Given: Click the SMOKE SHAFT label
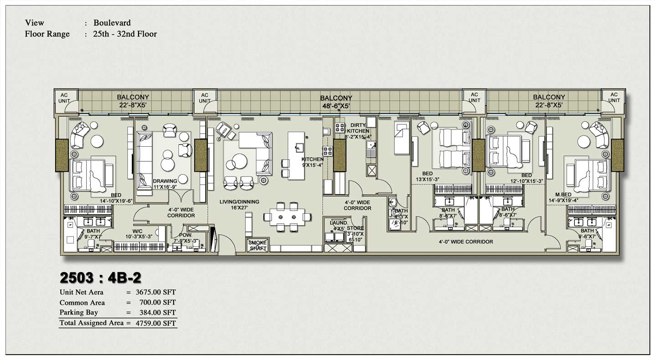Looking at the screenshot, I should click(258, 246).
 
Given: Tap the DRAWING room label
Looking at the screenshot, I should click(165, 181).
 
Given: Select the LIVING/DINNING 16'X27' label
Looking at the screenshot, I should click(239, 205).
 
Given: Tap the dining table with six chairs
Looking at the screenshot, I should click(287, 216).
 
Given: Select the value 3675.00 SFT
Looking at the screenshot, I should click(155, 293).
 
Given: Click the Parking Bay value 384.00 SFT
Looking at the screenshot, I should click(157, 313).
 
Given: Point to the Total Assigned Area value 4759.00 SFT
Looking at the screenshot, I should click(155, 323).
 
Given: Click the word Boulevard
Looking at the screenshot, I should click(112, 23).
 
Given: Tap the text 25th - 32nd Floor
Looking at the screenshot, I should click(125, 34).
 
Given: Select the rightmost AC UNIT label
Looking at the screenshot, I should click(614, 98).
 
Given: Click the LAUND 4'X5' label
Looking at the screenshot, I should click(338, 225).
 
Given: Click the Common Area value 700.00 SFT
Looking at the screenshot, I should click(155, 303).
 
